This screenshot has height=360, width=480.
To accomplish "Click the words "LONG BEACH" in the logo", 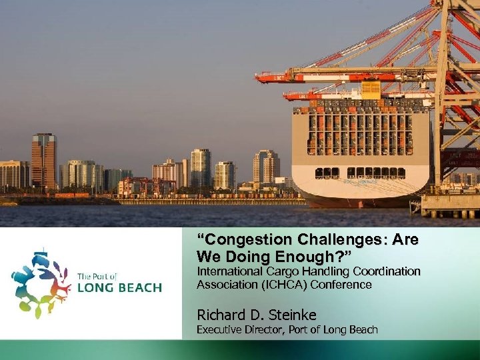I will tap(119, 288).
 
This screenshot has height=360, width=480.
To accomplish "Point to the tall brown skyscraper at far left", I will tap(43, 160).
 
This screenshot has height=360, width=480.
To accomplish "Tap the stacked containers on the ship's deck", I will tap(360, 127).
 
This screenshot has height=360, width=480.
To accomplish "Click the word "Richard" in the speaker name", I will tap(219, 314).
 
